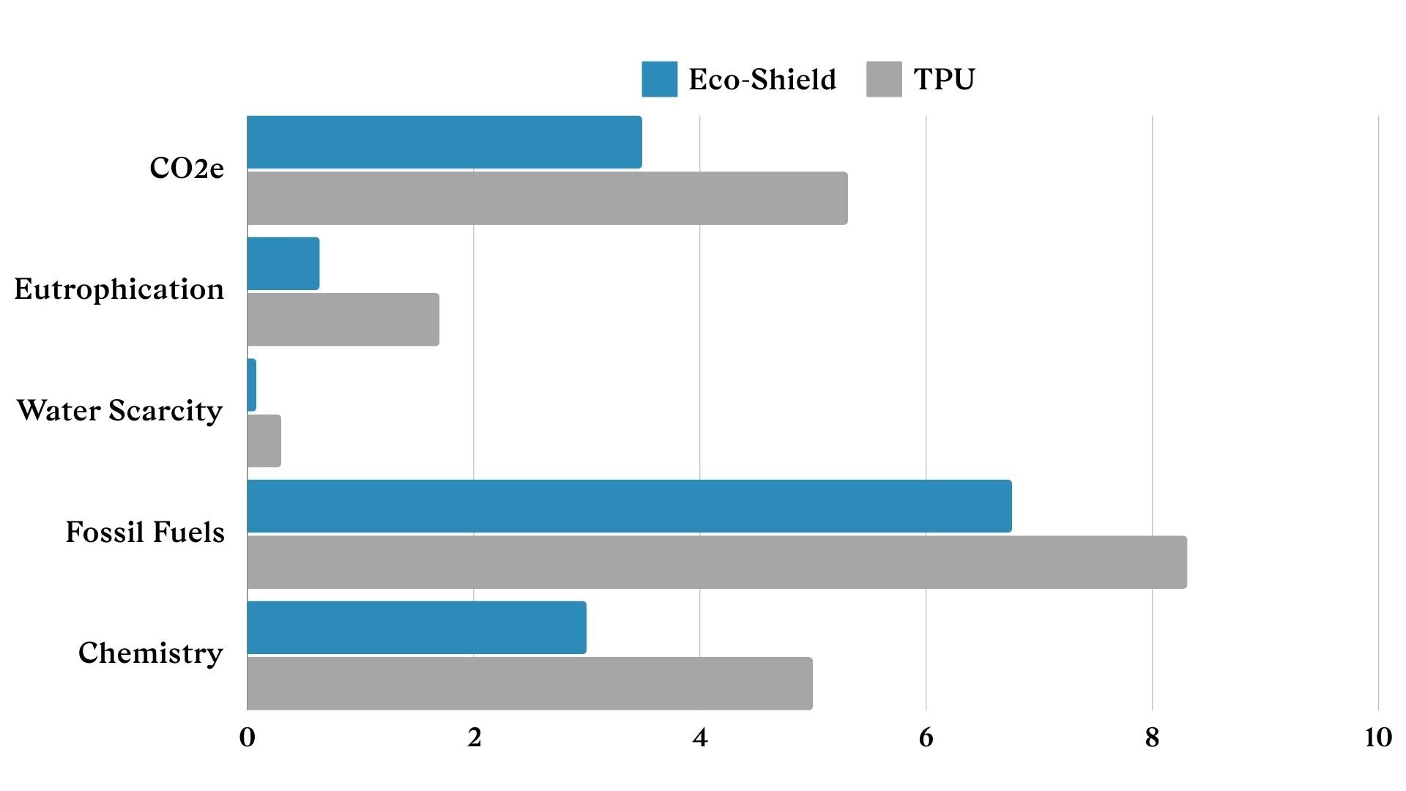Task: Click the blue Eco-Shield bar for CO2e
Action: click(444, 142)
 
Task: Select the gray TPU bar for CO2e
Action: click(547, 198)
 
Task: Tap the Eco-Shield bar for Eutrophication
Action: click(283, 264)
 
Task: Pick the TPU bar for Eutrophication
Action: click(343, 319)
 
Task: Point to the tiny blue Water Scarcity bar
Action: click(252, 385)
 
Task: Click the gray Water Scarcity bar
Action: click(264, 441)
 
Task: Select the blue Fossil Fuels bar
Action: click(629, 506)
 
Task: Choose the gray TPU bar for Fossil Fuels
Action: click(717, 562)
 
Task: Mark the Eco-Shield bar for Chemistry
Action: click(417, 628)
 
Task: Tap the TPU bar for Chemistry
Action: click(529, 683)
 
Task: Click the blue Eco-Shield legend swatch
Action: click(659, 79)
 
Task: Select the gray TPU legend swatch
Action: click(884, 79)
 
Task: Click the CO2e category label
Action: click(187, 168)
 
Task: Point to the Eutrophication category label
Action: click(119, 289)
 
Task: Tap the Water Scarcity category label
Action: click(119, 411)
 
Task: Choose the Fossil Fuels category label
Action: click(145, 532)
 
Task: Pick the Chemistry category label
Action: click(151, 653)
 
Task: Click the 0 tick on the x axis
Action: click(248, 738)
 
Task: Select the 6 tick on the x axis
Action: click(926, 738)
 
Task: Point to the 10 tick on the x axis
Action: click(1377, 738)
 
